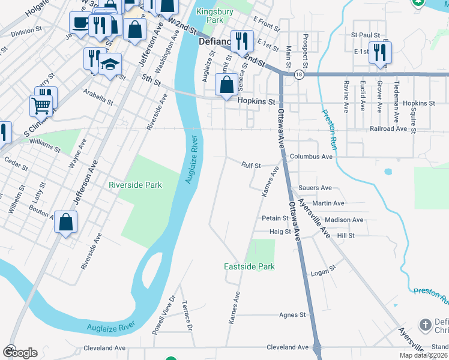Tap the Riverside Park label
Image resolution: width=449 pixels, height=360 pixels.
(x=135, y=185)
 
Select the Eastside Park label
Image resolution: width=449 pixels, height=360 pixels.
(x=249, y=266)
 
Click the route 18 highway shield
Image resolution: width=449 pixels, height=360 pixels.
(x=299, y=74)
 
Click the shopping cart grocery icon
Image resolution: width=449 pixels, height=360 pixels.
(x=41, y=106)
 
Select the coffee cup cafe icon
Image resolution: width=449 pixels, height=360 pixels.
(x=79, y=23)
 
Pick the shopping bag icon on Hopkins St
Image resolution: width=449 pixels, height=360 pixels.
(x=226, y=85)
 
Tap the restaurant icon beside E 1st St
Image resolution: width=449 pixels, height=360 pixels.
(x=379, y=52)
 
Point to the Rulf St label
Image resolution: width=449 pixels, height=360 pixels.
(x=251, y=165)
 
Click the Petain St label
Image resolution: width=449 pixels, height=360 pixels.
(x=275, y=218)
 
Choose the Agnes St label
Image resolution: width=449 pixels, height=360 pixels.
(x=293, y=314)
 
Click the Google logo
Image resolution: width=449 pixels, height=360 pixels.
(x=20, y=352)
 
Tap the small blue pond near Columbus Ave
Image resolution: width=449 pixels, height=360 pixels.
(x=388, y=172)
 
